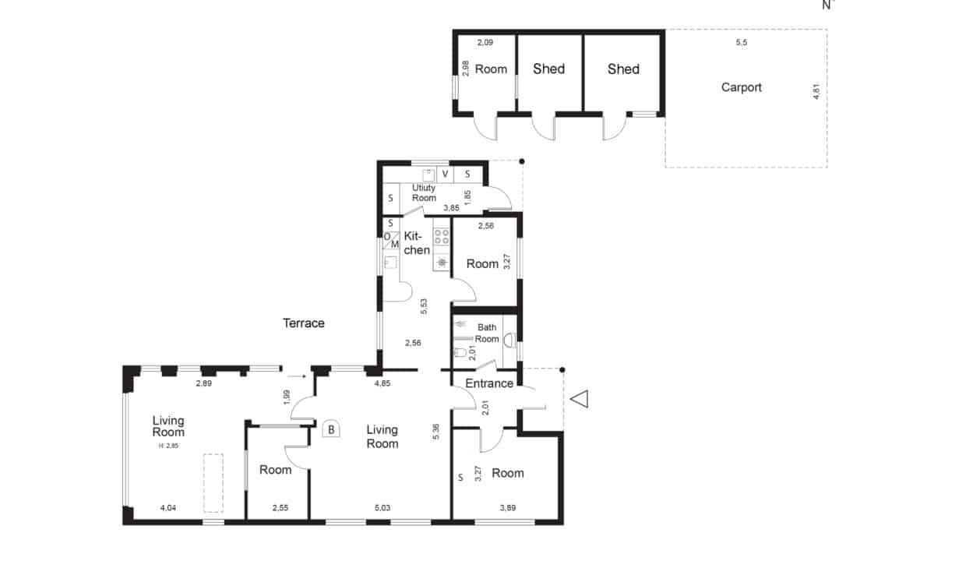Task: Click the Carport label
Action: tap(742, 87)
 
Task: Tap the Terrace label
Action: tap(304, 323)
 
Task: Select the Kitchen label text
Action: tap(417, 243)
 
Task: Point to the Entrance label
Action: tap(489, 383)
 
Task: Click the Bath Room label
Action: tap(487, 333)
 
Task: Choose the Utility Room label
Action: tap(424, 192)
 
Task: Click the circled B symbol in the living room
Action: tap(331, 429)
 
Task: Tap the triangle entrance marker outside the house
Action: tap(579, 399)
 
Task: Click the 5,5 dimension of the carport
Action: tap(742, 42)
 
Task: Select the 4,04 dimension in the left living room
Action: tap(168, 508)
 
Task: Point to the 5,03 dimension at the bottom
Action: tap(383, 508)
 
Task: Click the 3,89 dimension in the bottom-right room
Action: tap(508, 508)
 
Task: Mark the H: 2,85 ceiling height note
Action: tap(168, 446)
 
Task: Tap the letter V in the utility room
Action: tap(445, 174)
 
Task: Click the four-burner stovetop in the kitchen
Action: tap(442, 236)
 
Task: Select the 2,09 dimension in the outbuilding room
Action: tap(485, 42)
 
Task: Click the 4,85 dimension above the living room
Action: tap(383, 383)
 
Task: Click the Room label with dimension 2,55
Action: tap(276, 470)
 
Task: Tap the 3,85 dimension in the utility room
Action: tap(452, 208)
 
